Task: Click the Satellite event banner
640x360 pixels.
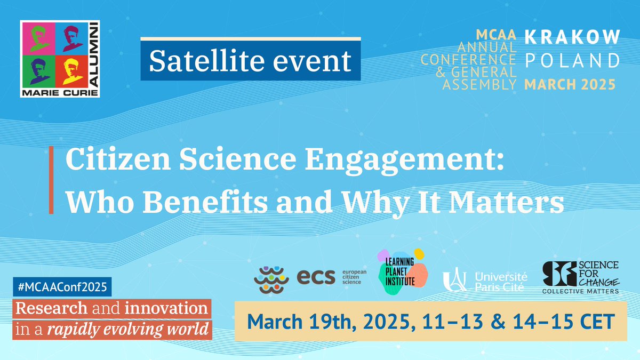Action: point(250,61)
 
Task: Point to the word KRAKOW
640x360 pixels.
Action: point(572,37)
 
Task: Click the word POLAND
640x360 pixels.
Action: point(572,60)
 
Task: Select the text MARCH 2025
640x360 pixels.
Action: point(570,84)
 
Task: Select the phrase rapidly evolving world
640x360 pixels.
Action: point(128,329)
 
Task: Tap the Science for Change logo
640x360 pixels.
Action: point(580,277)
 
